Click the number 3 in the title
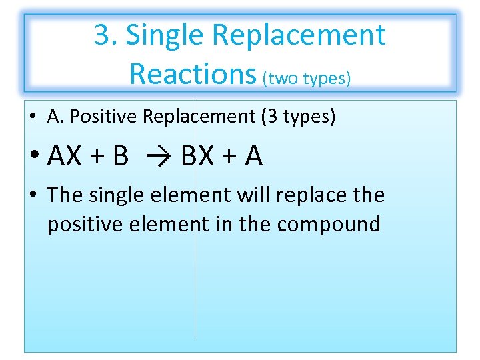pos(102,35)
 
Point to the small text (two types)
pos(306,78)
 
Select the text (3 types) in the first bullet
pos(299,117)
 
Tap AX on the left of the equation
pos(65,157)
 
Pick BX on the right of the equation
pos(197,157)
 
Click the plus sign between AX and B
pos(97,157)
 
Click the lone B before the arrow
pos(121,157)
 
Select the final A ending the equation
pos(254,157)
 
